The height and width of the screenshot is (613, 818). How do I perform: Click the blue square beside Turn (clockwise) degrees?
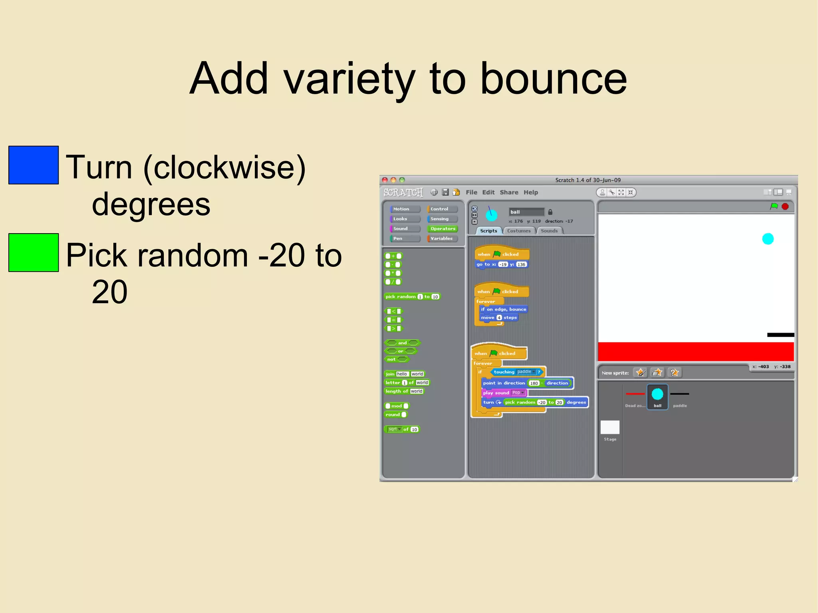point(34,165)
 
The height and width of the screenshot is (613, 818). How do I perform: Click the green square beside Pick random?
point(34,252)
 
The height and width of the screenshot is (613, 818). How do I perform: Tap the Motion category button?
point(404,209)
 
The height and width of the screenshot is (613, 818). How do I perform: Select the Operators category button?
point(442,228)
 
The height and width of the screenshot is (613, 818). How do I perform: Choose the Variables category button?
point(441,238)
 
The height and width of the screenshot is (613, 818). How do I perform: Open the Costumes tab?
point(518,231)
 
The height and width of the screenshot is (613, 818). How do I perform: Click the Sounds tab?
point(549,231)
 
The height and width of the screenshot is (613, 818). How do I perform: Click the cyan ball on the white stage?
point(768,239)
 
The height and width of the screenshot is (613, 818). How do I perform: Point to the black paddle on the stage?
point(780,335)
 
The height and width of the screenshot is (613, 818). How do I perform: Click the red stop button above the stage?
point(785,206)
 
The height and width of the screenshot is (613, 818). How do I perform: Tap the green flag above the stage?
point(774,206)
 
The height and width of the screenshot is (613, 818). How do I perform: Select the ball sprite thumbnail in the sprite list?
point(657,395)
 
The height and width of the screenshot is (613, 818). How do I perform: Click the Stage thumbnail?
point(610,427)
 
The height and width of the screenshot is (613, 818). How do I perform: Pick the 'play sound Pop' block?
point(497,393)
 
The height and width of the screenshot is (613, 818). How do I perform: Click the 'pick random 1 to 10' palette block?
point(401,297)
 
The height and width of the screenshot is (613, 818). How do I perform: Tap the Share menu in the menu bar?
point(508,192)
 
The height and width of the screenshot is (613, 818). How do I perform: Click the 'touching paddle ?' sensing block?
point(505,372)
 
